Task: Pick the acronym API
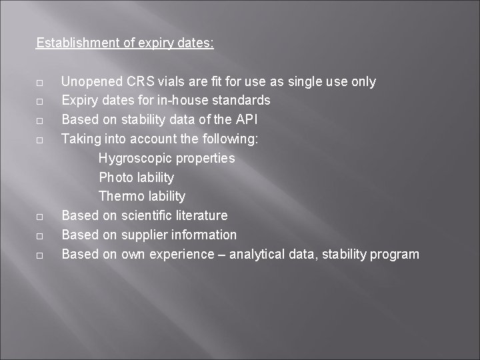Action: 245,120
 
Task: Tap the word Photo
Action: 116,177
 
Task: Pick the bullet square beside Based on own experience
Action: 40,255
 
